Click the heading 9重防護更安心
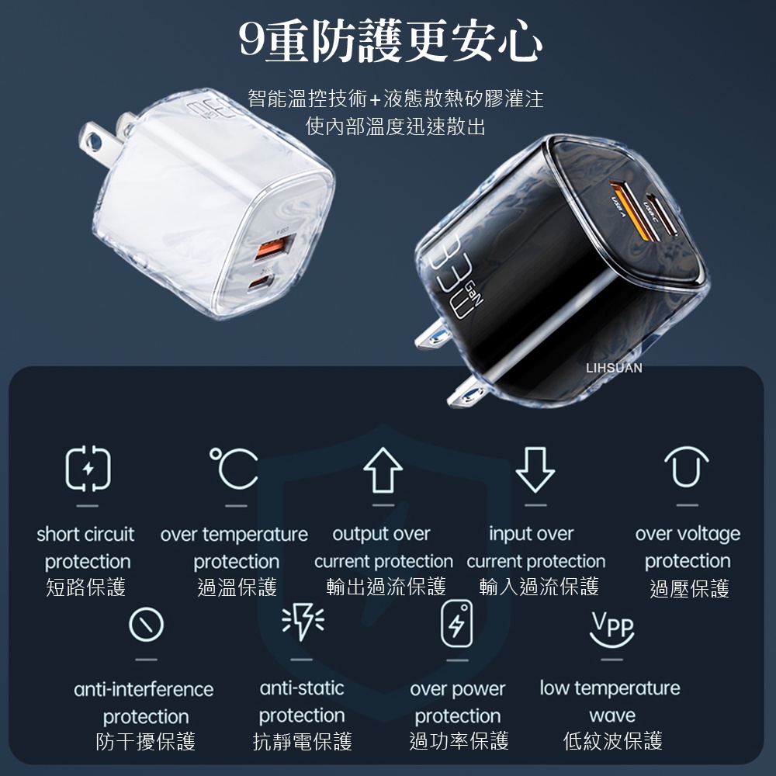point(390,42)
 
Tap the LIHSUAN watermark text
point(614,368)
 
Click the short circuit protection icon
point(88,468)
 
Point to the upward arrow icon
point(383,469)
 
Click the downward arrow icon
point(535,469)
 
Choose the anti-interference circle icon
point(146,625)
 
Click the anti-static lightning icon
point(303,621)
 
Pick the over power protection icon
point(457,624)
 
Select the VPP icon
point(612,629)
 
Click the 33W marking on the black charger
point(450,279)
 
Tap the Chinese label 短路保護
point(85,587)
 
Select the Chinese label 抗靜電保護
point(303,741)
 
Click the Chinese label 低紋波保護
point(613,741)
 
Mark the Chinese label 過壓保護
point(689,589)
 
